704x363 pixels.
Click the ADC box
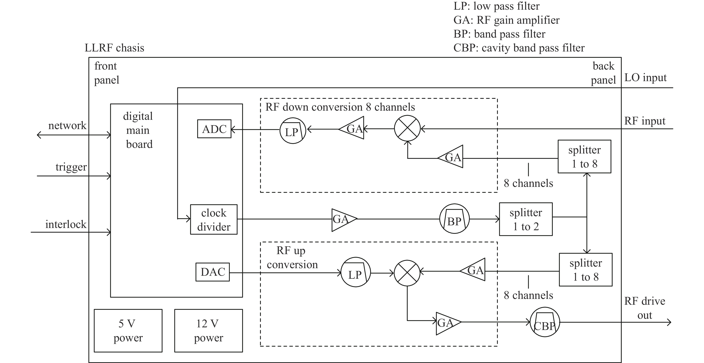coord(214,129)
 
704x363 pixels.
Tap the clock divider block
coord(214,219)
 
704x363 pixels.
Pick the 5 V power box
coord(128,331)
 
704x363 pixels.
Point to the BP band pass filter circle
coord(454,219)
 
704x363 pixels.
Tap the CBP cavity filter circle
coord(545,322)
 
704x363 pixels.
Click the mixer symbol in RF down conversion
coord(407,128)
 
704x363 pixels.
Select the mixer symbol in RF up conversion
coord(407,273)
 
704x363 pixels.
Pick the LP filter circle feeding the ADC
coord(292,131)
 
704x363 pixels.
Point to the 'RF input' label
coord(645,121)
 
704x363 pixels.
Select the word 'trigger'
coord(71,167)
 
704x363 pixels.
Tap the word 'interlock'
coord(66,224)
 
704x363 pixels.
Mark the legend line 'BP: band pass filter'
coord(499,34)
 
